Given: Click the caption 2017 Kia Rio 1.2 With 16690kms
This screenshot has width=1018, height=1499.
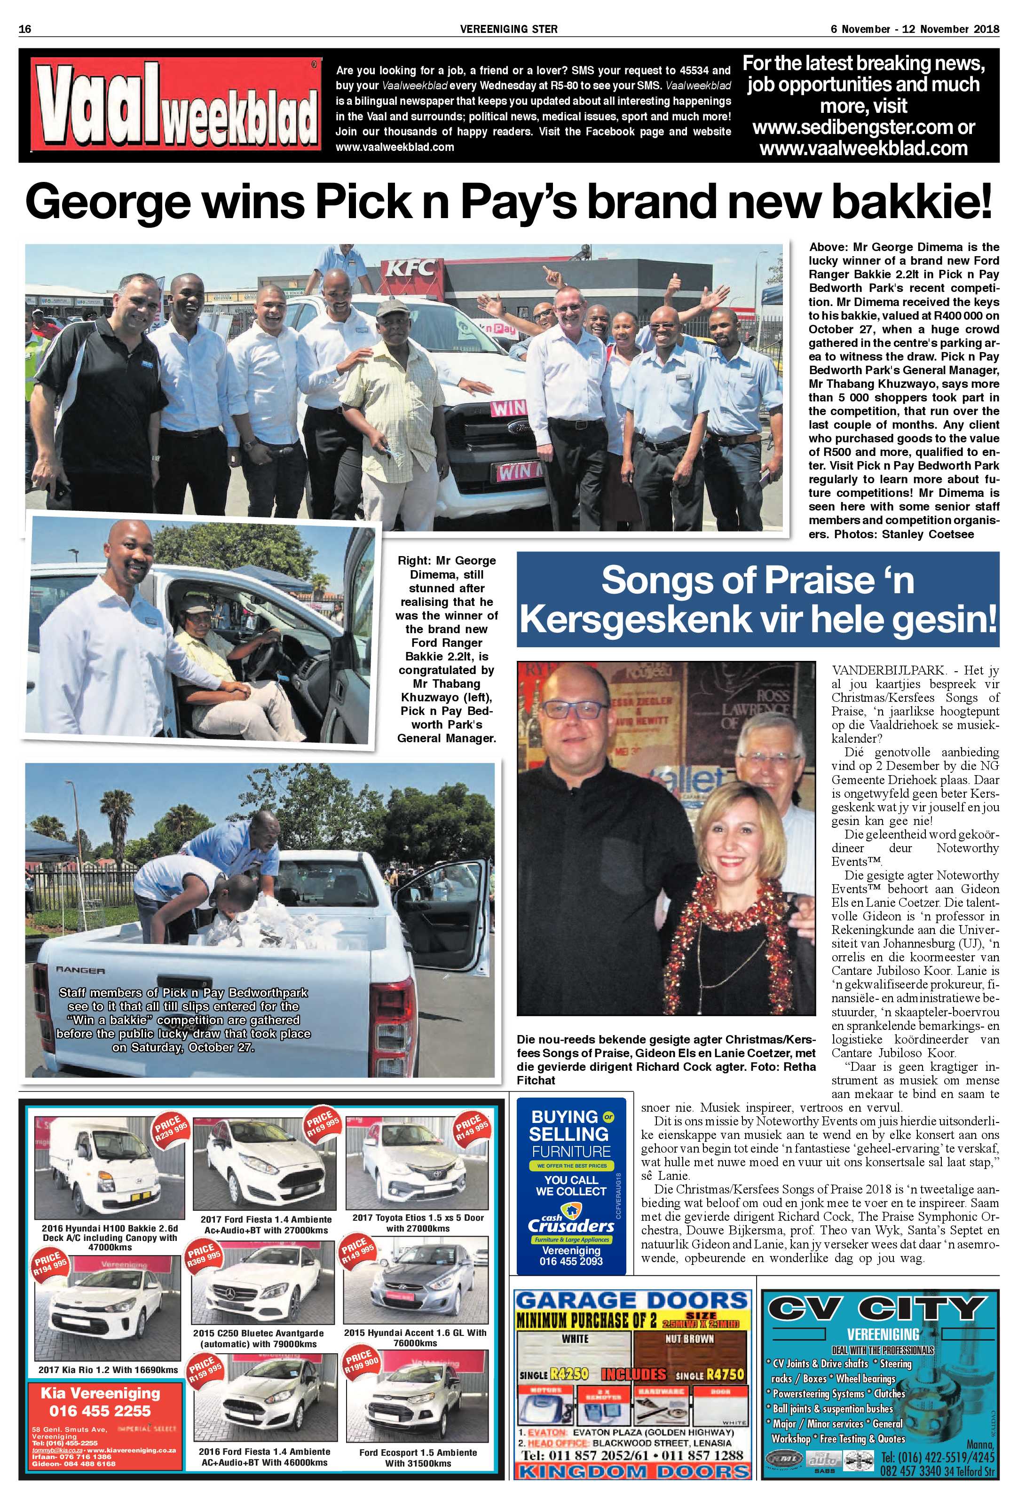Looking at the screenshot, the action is point(108,1369).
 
